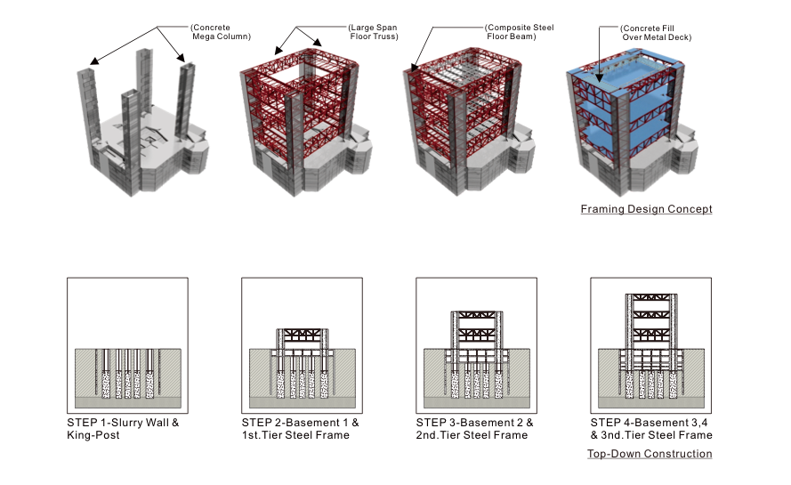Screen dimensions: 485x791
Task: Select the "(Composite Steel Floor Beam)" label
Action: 520,32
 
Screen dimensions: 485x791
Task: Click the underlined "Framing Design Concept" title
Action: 646,209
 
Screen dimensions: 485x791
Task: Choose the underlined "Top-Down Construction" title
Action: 650,454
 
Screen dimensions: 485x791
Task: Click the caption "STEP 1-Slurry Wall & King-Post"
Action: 123,428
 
